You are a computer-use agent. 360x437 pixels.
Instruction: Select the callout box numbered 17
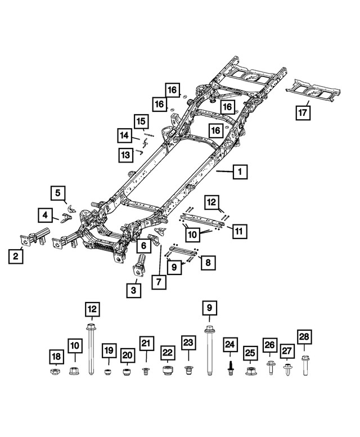tap(303, 112)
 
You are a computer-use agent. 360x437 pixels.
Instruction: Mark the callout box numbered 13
tap(125, 154)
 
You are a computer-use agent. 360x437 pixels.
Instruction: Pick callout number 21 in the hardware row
tap(146, 344)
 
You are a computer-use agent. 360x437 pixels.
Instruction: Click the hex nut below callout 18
tap(55, 372)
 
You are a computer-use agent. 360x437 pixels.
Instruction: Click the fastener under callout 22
tap(166, 371)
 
